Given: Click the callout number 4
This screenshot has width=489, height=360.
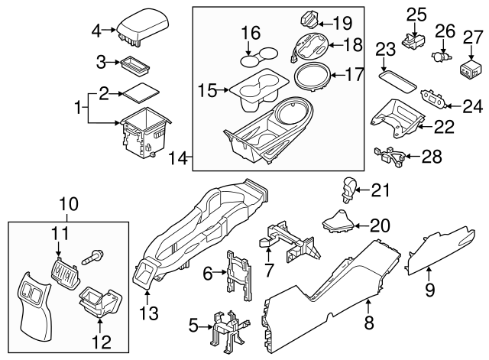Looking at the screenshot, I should pos(96,31).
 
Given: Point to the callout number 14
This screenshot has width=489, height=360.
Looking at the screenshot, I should pos(177,158).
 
